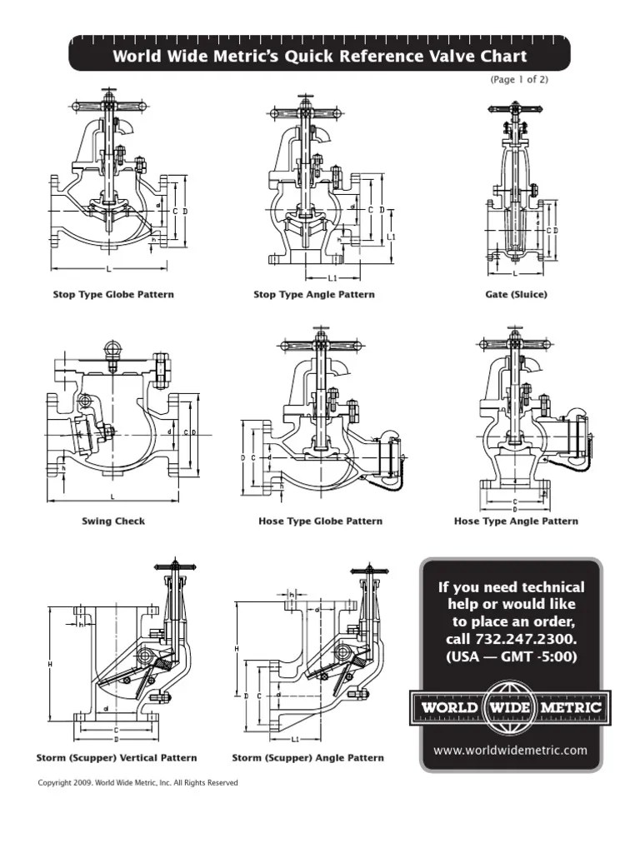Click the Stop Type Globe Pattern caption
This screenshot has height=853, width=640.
(113, 295)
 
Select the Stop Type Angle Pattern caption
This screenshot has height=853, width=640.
(314, 295)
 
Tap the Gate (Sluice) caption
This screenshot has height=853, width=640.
(516, 295)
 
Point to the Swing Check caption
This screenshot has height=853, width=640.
(113, 521)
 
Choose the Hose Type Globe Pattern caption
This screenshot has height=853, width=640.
(321, 521)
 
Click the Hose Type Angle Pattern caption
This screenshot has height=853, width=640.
(516, 521)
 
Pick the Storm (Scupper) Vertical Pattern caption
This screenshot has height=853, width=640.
(117, 758)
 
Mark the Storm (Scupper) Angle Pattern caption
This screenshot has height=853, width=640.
(307, 758)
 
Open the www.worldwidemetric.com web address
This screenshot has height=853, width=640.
(511, 750)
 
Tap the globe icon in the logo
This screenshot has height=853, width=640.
(511, 708)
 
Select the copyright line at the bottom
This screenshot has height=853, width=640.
(138, 783)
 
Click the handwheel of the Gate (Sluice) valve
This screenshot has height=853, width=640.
(515, 109)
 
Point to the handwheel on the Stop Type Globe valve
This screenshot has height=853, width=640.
(108, 107)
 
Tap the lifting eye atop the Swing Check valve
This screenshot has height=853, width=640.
(112, 349)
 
